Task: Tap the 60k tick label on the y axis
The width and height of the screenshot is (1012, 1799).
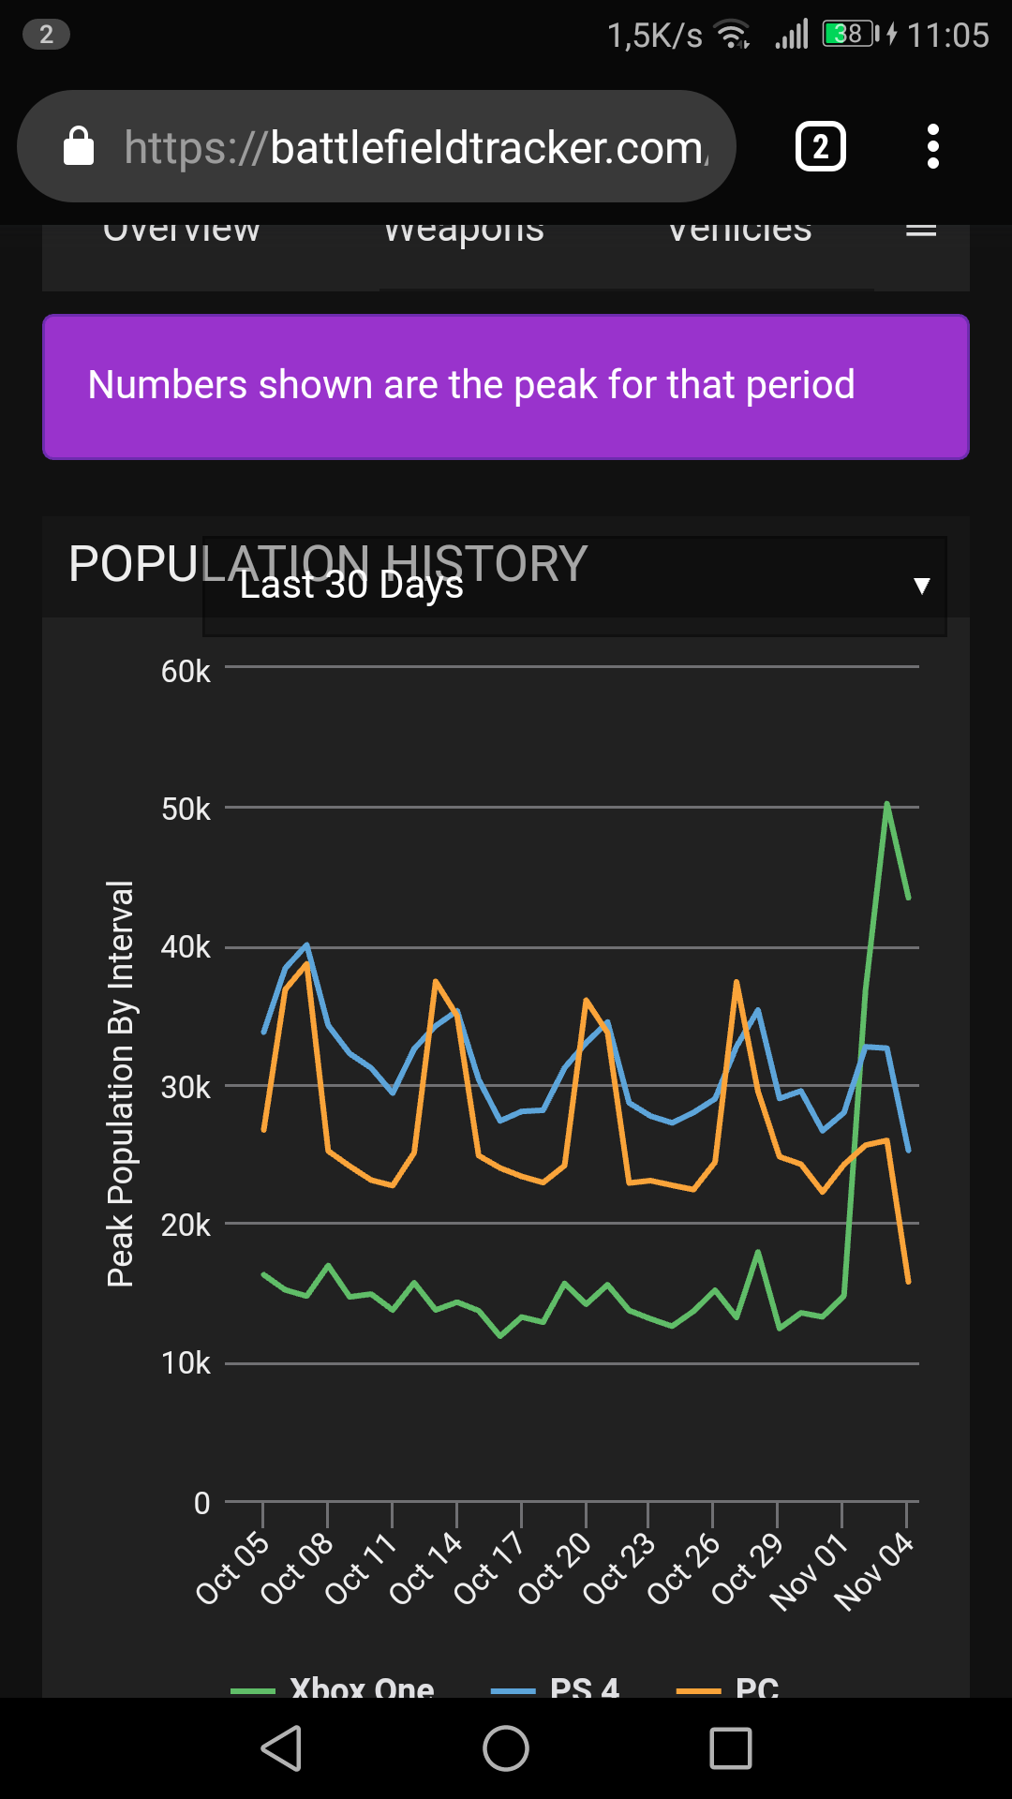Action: [185, 671]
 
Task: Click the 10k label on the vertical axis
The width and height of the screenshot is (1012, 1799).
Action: [185, 1362]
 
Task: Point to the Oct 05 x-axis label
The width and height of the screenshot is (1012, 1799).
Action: [232, 1568]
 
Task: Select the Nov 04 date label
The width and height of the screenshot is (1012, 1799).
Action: [873, 1571]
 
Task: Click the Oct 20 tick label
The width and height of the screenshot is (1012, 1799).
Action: [555, 1568]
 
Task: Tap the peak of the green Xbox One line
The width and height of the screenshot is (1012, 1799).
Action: [886, 804]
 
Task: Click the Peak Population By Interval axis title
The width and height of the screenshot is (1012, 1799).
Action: [120, 1083]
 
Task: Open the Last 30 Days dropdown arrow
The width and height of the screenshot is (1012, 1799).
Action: [921, 586]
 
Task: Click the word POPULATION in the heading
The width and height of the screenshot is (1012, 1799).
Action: [141, 564]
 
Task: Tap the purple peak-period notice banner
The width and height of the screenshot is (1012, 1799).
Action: [506, 386]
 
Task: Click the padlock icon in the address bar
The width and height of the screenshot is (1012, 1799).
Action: [79, 146]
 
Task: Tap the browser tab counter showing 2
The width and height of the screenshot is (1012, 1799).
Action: [820, 146]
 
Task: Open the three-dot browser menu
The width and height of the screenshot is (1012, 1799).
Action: [932, 146]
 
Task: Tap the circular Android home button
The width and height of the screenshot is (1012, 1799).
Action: [506, 1748]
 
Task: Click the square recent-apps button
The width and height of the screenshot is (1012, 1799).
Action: [731, 1748]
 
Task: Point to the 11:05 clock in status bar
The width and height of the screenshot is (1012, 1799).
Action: [947, 36]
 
